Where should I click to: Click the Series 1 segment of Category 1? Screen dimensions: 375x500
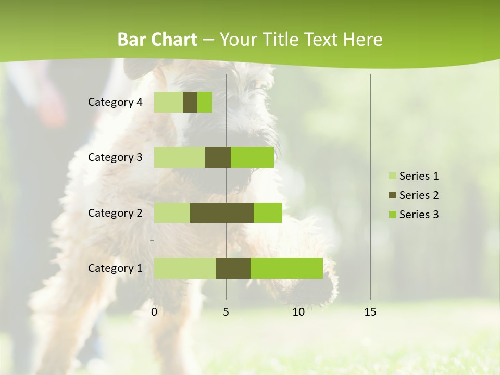coord(185,268)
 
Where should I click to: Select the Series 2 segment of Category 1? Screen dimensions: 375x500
coord(233,268)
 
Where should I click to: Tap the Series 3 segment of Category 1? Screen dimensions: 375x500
coord(286,268)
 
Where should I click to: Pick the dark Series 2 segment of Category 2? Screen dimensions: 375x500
coord(222,213)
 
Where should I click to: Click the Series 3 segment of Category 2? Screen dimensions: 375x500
coord(268,213)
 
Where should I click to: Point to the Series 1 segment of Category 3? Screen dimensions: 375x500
coord(179,157)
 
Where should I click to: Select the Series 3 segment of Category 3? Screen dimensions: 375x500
coord(252,157)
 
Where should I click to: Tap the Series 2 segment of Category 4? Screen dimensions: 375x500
coord(190,102)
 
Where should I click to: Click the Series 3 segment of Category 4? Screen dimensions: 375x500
coord(205,102)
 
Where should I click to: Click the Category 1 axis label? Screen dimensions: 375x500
coord(115,268)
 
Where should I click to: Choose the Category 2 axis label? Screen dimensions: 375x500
coord(115,213)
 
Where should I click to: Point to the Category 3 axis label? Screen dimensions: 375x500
coord(115,157)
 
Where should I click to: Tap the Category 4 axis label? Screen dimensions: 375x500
coord(115,102)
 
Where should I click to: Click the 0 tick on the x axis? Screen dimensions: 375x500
coord(154,312)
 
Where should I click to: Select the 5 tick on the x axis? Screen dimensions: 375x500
coord(226,312)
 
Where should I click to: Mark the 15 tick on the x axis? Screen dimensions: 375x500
coord(370,312)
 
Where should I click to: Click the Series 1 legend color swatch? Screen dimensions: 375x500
coord(392,176)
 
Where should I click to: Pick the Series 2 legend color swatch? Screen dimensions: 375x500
coord(392,195)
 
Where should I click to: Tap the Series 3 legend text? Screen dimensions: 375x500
coord(419,215)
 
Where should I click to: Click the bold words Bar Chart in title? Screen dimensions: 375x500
coord(157,40)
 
